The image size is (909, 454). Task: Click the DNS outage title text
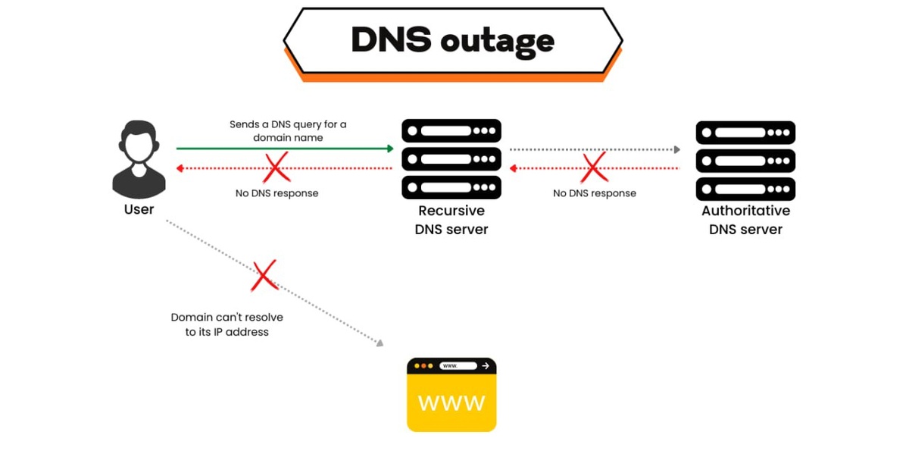point(452,40)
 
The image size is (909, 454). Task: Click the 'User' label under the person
point(139,209)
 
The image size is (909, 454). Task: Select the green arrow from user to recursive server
point(285,149)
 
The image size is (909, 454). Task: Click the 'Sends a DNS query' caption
point(288,130)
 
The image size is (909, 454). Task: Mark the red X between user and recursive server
point(276,168)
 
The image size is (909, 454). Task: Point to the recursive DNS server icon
point(451,158)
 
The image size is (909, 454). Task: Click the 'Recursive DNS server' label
point(451,220)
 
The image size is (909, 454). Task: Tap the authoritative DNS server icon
point(745,159)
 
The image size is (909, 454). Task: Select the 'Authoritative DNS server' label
point(745,220)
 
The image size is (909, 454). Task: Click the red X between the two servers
point(594,168)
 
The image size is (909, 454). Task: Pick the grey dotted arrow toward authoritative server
point(595,149)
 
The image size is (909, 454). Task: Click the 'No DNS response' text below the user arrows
point(276,193)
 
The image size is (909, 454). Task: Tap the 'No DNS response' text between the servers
point(594,193)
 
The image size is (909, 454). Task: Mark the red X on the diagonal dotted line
point(264,277)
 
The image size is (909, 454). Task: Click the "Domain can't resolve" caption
point(227,324)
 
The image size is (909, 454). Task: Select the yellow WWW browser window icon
point(451,395)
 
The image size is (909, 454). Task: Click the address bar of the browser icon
point(459,366)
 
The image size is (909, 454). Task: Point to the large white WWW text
point(451,402)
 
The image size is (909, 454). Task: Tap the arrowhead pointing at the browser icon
point(380,343)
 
